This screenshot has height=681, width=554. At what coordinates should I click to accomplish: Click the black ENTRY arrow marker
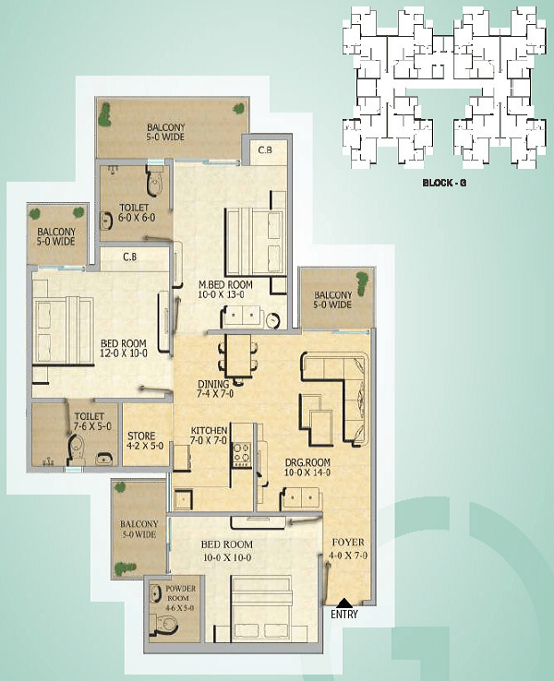pyautogui.click(x=344, y=603)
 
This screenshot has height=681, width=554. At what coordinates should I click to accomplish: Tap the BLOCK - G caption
pyautogui.click(x=444, y=183)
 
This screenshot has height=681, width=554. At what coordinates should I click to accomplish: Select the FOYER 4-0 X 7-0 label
pyautogui.click(x=348, y=548)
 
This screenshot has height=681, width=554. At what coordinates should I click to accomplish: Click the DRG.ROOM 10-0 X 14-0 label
pyautogui.click(x=307, y=467)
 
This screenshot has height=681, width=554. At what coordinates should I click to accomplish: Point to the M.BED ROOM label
pyautogui.click(x=225, y=285)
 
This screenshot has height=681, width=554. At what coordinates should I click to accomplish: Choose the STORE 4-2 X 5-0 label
pyautogui.click(x=146, y=440)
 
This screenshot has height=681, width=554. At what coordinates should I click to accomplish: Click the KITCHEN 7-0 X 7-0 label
pyautogui.click(x=209, y=436)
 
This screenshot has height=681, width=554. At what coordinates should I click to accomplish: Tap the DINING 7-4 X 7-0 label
pyautogui.click(x=215, y=388)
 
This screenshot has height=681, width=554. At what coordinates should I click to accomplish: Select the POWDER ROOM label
pyautogui.click(x=180, y=593)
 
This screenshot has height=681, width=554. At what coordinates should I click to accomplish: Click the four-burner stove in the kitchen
pyautogui.click(x=242, y=454)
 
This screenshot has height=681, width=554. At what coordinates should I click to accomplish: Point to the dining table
pyautogui.click(x=238, y=355)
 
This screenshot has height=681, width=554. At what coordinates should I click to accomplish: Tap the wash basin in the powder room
pyautogui.click(x=155, y=592)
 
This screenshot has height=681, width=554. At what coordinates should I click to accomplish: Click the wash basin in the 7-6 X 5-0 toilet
pyautogui.click(x=104, y=459)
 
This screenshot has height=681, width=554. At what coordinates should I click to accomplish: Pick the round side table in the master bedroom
pyautogui.click(x=273, y=320)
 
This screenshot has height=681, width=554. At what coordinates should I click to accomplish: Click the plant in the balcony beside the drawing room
pyautogui.click(x=361, y=281)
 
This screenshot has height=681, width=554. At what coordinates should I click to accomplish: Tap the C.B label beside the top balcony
pyautogui.click(x=265, y=149)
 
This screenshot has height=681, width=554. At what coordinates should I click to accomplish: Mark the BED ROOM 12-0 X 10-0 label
pyautogui.click(x=124, y=348)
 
